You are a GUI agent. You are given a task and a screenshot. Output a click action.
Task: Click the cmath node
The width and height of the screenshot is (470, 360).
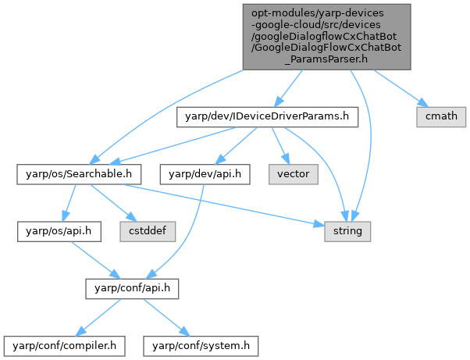tap(441, 116)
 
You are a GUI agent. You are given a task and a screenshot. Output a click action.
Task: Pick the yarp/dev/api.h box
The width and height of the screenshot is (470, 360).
tap(205, 173)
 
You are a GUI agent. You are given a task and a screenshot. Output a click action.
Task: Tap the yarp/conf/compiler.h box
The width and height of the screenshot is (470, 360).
tap(60, 344)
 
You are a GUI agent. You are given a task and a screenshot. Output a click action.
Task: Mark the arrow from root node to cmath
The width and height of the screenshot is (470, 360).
tap(398, 87)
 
